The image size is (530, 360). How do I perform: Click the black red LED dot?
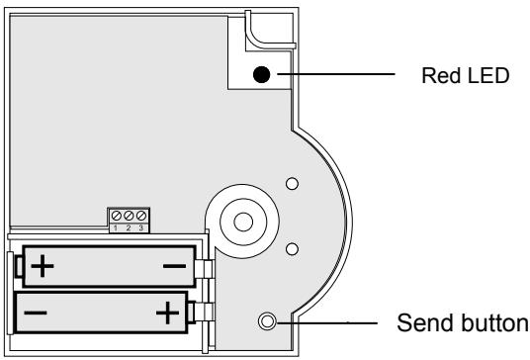(262, 75)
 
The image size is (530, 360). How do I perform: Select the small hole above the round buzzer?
(291, 184)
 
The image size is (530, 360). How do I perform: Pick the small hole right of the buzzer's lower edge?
(291, 248)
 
